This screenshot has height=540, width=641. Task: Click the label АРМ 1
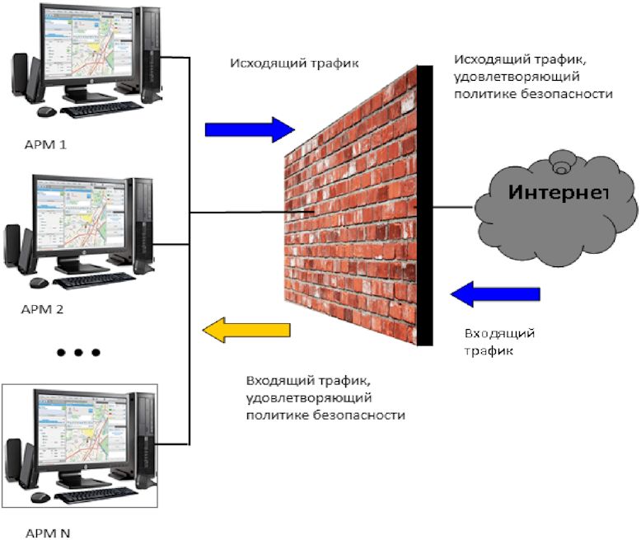pos(45,145)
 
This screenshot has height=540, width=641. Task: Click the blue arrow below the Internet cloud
pos(495,293)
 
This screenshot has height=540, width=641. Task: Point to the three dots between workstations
pos(79,352)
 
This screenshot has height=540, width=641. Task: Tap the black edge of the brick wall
pos(424,206)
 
